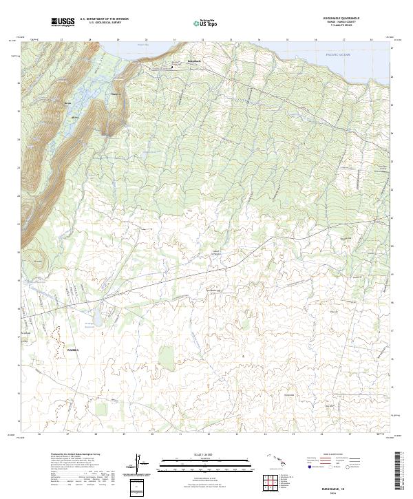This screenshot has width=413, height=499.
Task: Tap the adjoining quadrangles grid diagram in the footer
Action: pyautogui.click(x=270, y=485)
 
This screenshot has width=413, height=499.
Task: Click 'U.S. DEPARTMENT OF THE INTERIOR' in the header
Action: pyautogui.click(x=104, y=19)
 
